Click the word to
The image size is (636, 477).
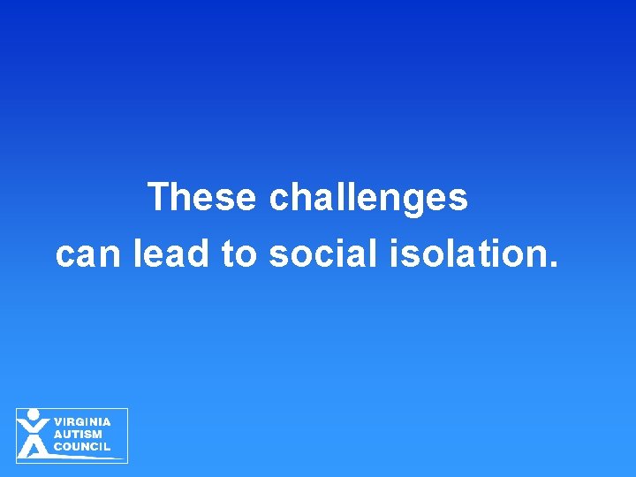(x=238, y=255)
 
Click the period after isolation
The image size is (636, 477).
(x=555, y=264)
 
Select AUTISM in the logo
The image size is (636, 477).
(x=78, y=434)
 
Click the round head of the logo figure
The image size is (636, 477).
(x=34, y=413)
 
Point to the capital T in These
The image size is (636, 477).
(x=160, y=196)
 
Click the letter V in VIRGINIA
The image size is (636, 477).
(x=58, y=421)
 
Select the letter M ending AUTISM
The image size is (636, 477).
(x=96, y=434)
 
